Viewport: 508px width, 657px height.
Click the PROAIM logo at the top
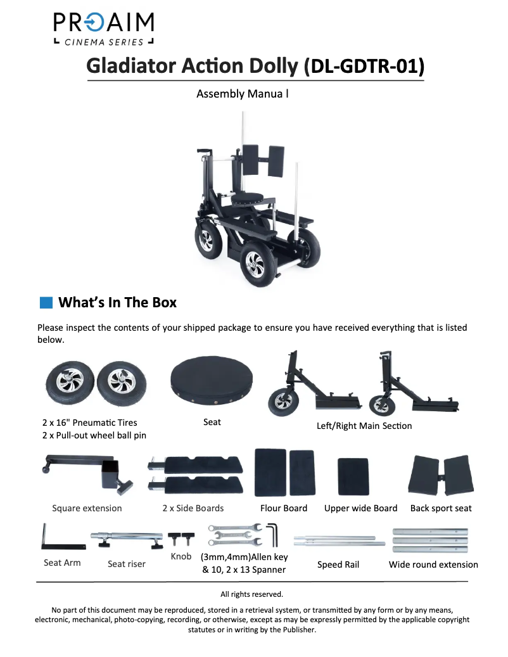[103, 29]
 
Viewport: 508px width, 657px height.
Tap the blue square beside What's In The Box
[46, 302]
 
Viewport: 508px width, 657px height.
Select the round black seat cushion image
[212, 381]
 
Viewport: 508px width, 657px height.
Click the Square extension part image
[88, 475]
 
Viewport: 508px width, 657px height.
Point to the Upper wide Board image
[353, 476]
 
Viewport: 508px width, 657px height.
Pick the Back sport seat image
[441, 476]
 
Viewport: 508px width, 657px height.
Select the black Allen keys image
[272, 534]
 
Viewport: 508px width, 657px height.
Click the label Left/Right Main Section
[364, 426]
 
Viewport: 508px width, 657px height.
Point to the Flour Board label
[284, 508]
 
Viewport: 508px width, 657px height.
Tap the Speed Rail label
[338, 565]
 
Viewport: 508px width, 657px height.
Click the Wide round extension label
[433, 565]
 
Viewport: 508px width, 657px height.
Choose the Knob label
[181, 556]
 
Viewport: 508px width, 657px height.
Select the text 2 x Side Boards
[193, 508]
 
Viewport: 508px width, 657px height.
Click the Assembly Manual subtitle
[243, 94]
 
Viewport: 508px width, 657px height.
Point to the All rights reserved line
[251, 594]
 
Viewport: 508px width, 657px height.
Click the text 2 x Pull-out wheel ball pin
[94, 435]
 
